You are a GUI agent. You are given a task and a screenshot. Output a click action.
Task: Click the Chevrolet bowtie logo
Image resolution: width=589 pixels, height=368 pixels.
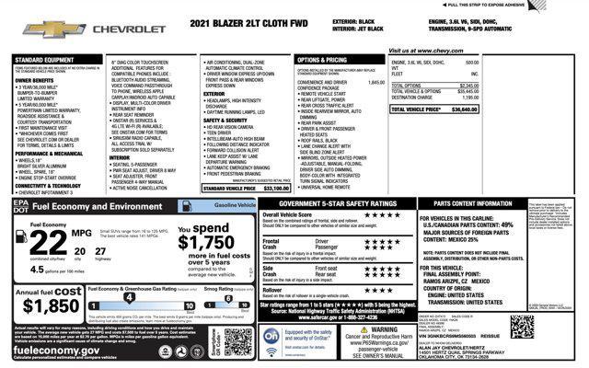42,29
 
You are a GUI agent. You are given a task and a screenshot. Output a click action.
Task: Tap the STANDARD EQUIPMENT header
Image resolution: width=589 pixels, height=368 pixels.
44,60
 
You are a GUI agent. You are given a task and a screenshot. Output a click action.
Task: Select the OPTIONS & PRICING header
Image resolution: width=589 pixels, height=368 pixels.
323,60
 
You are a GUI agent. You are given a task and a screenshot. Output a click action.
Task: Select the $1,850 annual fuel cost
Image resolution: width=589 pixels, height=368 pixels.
50,305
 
